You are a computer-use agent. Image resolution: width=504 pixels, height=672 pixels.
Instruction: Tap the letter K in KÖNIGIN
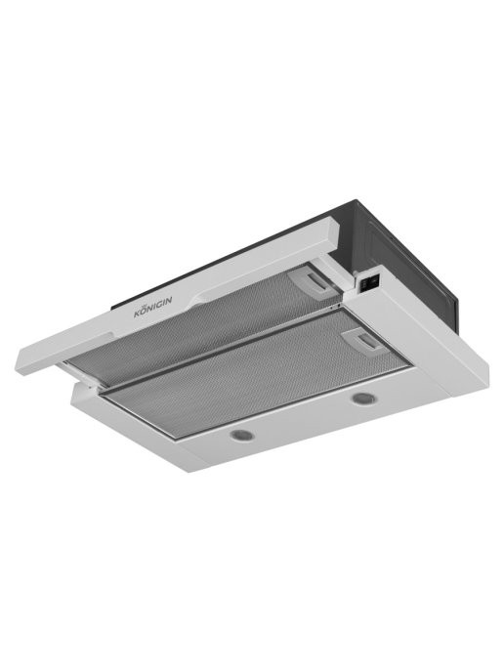pos(138,314)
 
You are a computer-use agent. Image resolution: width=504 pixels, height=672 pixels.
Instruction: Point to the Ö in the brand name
pos(145,310)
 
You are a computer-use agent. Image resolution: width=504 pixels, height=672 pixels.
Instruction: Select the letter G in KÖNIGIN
pos(161,305)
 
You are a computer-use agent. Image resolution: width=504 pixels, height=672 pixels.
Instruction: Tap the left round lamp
pos(242,435)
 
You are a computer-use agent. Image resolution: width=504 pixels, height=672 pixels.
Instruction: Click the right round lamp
pos(364,399)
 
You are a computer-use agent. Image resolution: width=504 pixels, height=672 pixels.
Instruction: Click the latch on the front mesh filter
pos(365,342)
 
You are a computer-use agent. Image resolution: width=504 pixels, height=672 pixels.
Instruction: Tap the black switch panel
pos(369,283)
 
